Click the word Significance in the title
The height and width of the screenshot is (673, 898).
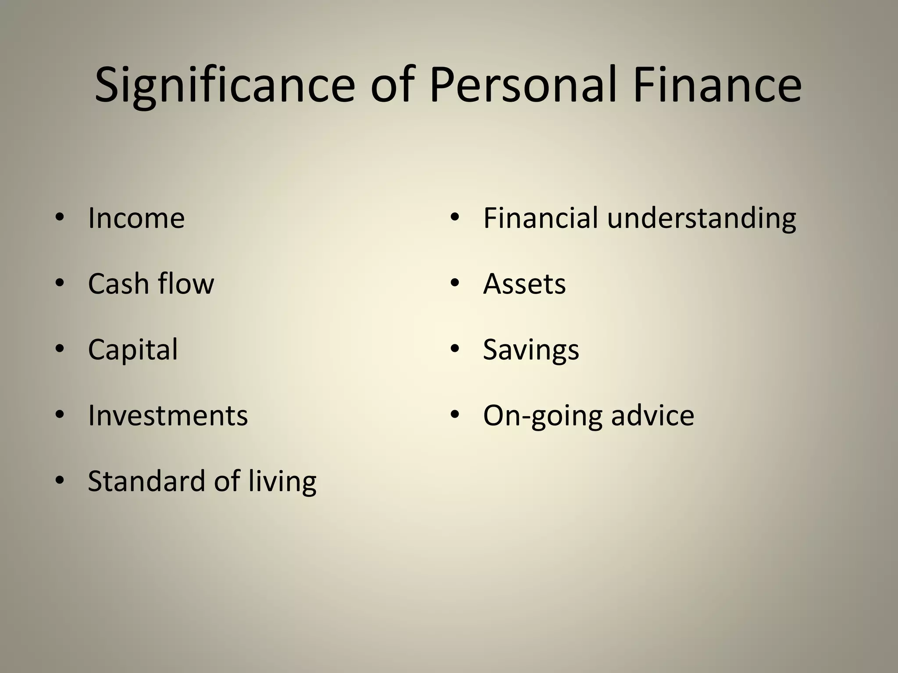224,85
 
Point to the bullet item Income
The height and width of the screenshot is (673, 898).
136,218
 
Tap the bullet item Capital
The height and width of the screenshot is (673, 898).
133,350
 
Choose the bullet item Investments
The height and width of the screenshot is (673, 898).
168,415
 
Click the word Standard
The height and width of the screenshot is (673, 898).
146,481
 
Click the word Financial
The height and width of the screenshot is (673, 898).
541,218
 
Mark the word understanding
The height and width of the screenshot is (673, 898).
702,218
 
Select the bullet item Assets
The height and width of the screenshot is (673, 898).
524,283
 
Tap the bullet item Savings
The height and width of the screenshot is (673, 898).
531,350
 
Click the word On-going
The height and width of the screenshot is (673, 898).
542,416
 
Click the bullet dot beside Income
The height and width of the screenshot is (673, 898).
60,217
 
